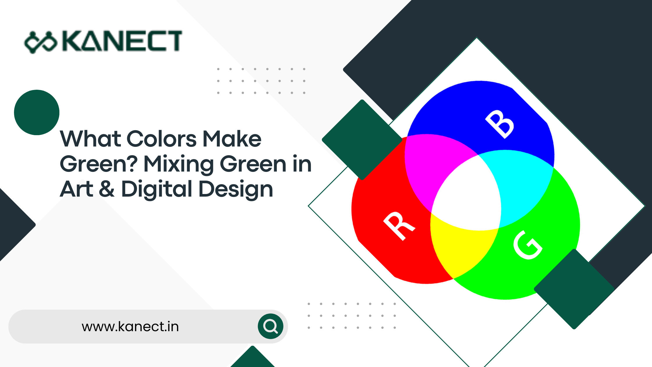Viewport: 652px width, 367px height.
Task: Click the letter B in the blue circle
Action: point(500,124)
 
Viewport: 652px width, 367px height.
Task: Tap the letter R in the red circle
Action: point(399,226)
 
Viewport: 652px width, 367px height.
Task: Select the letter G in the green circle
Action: point(527,245)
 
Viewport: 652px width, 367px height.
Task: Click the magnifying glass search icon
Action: point(270,326)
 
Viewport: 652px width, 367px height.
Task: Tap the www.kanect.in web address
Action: point(130,327)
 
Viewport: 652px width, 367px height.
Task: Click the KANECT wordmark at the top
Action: point(122,41)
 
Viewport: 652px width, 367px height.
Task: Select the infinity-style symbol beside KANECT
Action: point(40,42)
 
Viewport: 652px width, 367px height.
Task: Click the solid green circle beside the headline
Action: point(37,112)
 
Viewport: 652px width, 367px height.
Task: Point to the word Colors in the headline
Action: point(162,139)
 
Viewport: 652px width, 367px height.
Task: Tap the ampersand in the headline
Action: point(107,189)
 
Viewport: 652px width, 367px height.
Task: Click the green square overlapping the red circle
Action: point(362,140)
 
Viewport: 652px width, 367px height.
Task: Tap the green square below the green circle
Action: point(574,289)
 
